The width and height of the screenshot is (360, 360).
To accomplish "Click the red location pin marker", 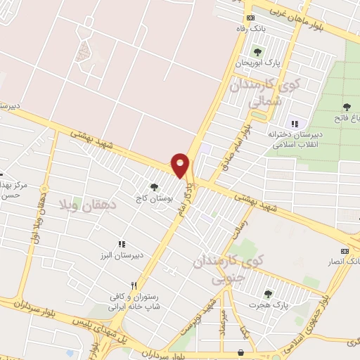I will (x=181, y=163).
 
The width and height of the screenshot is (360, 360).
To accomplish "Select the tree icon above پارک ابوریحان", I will (x=256, y=51).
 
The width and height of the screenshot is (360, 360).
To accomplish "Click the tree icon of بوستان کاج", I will (x=154, y=187).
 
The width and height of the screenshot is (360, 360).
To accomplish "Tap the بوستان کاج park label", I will (x=156, y=200).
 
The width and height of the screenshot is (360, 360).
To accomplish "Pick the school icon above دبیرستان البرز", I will (x=121, y=243).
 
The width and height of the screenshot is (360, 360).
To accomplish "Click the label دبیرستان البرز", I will (x=120, y=256).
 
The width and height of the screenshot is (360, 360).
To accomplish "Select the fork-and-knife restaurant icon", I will (x=143, y=278).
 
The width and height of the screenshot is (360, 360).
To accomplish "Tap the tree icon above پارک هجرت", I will (x=266, y=294).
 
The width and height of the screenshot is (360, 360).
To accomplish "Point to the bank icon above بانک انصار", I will (x=345, y=251).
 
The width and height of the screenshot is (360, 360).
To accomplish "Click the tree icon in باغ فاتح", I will (x=347, y=106).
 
